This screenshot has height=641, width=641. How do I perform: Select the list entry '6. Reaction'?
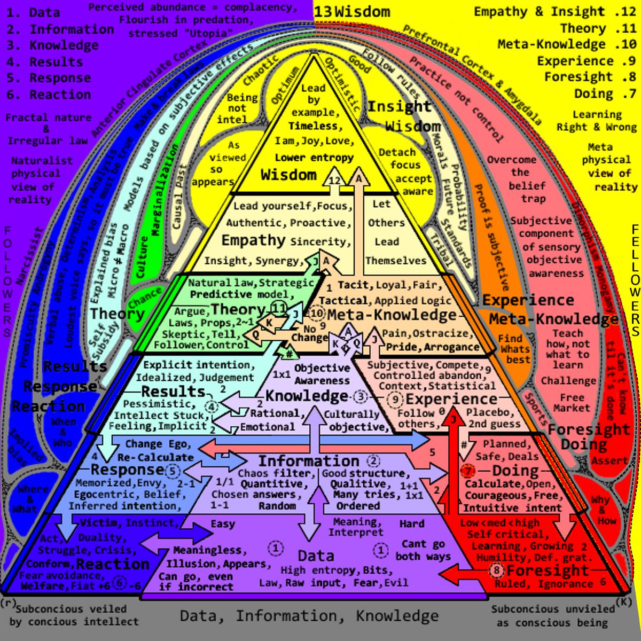click(x=49, y=95)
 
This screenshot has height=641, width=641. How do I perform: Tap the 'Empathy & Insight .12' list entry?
click(x=555, y=12)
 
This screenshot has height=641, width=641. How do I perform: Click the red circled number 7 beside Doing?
click(x=467, y=471)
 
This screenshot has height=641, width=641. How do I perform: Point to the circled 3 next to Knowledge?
click(x=361, y=396)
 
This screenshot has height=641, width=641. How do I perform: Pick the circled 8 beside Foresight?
click(x=497, y=570)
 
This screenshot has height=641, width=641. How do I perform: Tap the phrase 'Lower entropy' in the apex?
click(x=314, y=158)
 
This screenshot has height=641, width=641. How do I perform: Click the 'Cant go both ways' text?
click(x=423, y=550)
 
